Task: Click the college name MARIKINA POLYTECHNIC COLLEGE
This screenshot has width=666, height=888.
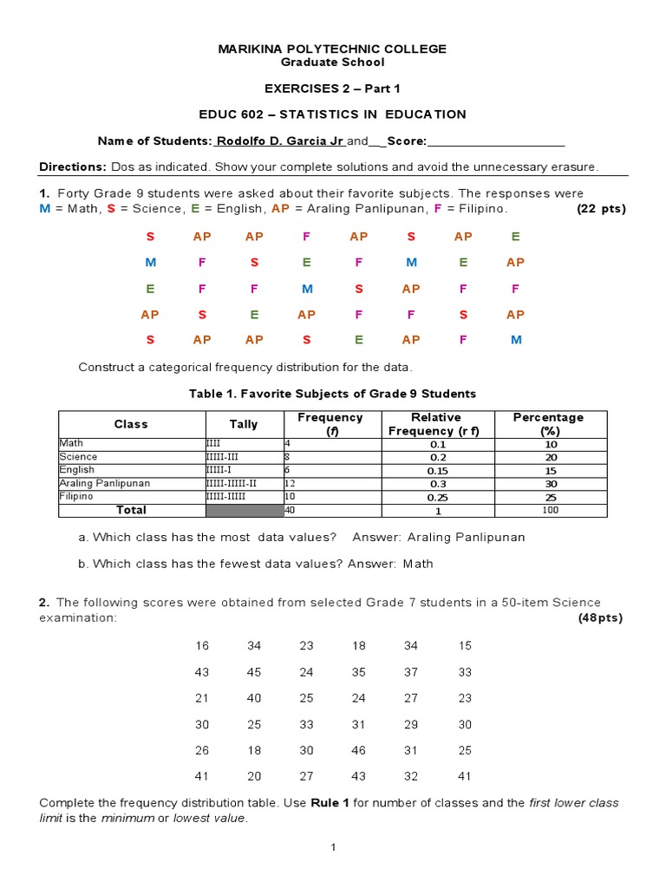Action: pyautogui.click(x=333, y=49)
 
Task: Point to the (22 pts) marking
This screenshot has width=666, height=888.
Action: pyautogui.click(x=601, y=209)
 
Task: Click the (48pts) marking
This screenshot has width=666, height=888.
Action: pyautogui.click(x=600, y=618)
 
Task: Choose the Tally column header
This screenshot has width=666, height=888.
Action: pyautogui.click(x=244, y=424)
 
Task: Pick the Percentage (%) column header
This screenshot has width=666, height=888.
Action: pyautogui.click(x=548, y=424)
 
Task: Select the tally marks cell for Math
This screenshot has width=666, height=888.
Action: pyautogui.click(x=213, y=443)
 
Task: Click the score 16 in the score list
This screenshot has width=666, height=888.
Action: pyautogui.click(x=202, y=645)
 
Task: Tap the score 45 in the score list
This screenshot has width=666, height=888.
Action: pyautogui.click(x=254, y=672)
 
